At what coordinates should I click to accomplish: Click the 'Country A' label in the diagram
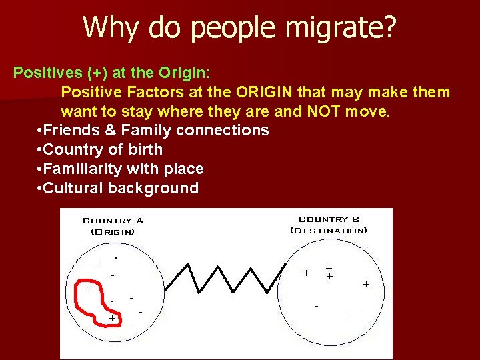tap(113, 221)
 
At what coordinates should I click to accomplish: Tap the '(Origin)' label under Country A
tap(113, 232)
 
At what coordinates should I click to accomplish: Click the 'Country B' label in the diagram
tap(329, 219)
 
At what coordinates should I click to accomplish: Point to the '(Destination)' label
tap(329, 231)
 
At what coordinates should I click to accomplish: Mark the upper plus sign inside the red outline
tap(88, 289)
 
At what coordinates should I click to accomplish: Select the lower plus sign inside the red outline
tap(112, 319)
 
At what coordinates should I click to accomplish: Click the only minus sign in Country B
tap(317, 307)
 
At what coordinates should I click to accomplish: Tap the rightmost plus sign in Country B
tap(366, 285)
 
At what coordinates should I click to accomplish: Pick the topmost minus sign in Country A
tap(116, 257)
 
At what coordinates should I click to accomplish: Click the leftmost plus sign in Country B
tap(306, 273)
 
